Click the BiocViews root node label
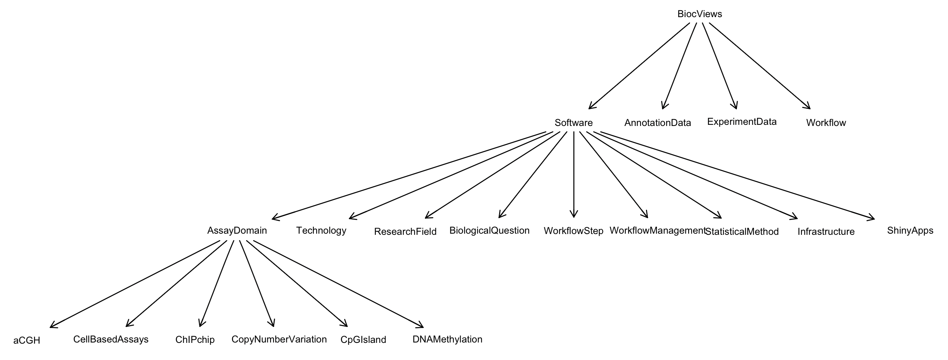tap(700, 14)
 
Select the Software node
tap(573, 123)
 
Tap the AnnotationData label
tap(657, 123)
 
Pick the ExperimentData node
tap(741, 122)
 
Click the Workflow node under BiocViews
tap(826, 123)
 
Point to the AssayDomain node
tap(237, 231)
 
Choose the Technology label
tap(321, 231)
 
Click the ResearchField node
tap(405, 232)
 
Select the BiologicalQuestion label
tap(489, 231)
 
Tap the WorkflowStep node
tap(573, 231)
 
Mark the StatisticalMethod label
tap(742, 232)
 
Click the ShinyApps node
tap(910, 231)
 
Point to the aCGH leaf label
tap(27, 341)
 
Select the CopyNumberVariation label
tap(279, 339)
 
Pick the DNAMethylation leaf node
tap(447, 339)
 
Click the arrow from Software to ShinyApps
tap(737, 175)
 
